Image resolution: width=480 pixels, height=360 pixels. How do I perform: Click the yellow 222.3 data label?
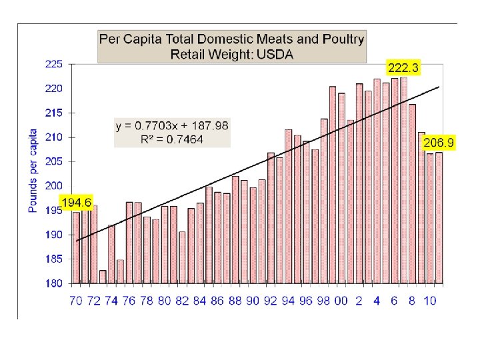coord(405,67)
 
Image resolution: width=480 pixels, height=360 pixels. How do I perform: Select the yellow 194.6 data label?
coord(77,201)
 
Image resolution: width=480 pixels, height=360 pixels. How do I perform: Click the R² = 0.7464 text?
coord(172,139)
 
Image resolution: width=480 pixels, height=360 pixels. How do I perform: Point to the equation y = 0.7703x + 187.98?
coord(172,126)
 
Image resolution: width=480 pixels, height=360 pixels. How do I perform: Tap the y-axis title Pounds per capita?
coord(33,171)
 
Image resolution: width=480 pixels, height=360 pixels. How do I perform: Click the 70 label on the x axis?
coord(76,301)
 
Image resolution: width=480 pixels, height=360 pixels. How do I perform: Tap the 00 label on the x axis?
coord(341,301)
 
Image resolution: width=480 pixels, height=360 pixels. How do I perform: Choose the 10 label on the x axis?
coord(430,301)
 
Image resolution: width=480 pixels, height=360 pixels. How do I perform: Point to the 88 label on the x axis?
coord(235,301)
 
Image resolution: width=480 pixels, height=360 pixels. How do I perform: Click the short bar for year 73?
coord(103,277)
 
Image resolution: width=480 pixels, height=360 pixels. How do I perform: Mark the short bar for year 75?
coord(121,271)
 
